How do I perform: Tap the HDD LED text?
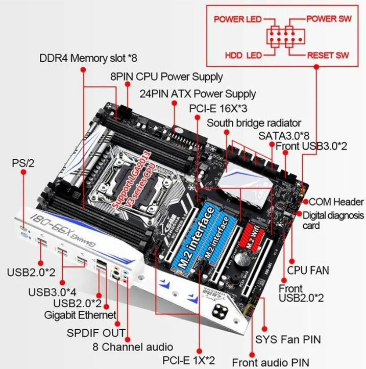[x=243, y=55]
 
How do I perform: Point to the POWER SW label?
[x=329, y=19]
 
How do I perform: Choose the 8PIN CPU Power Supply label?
[x=166, y=77]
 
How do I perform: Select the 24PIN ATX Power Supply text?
[x=198, y=94]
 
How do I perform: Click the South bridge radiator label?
[x=254, y=123]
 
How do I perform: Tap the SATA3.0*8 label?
[x=284, y=135]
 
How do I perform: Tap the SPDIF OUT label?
[x=96, y=333]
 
